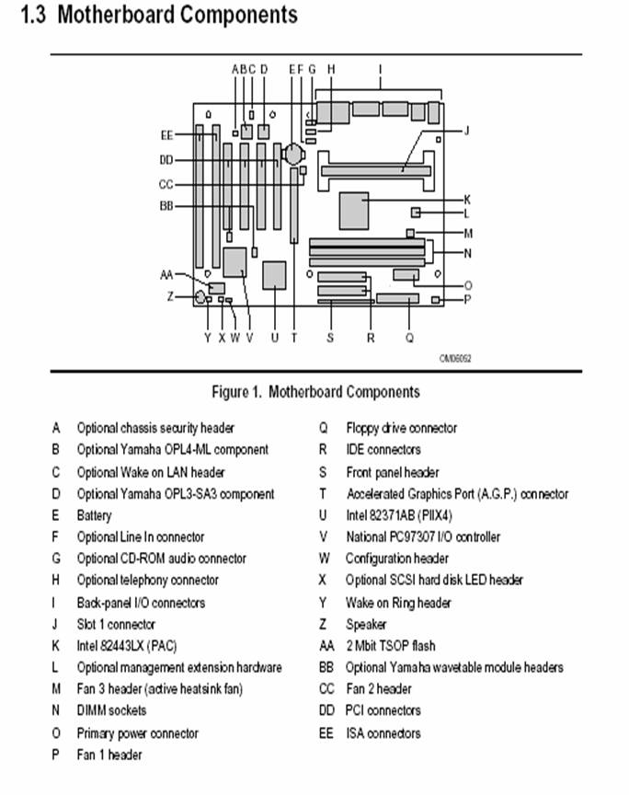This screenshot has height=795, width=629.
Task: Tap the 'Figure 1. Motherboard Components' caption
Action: click(x=315, y=392)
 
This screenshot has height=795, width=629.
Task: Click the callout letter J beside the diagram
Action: click(x=467, y=131)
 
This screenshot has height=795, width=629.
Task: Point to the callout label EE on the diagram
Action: click(x=166, y=135)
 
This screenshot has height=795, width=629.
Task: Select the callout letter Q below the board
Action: click(x=409, y=338)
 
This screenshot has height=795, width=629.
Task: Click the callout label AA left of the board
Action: click(x=166, y=274)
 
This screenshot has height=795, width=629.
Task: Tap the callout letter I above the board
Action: click(x=380, y=69)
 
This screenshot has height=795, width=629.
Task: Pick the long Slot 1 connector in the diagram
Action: click(x=375, y=169)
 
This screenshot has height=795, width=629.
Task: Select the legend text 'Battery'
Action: click(x=94, y=515)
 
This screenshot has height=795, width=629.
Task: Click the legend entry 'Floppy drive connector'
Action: click(x=401, y=428)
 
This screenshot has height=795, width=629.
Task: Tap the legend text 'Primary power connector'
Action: click(x=137, y=733)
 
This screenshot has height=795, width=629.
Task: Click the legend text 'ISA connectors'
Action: click(x=383, y=733)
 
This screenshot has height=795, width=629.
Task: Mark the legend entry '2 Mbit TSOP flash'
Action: click(x=391, y=646)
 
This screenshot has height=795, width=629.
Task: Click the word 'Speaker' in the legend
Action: click(x=366, y=625)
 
